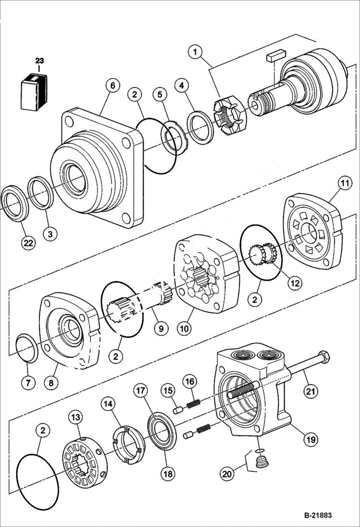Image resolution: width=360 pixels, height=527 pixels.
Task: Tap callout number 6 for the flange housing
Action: pos(112,86)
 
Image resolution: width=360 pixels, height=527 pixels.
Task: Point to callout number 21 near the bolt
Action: pos(311,391)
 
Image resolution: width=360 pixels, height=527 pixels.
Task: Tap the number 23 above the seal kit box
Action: pos(39,61)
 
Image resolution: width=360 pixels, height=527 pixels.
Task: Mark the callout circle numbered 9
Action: pos(161,329)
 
